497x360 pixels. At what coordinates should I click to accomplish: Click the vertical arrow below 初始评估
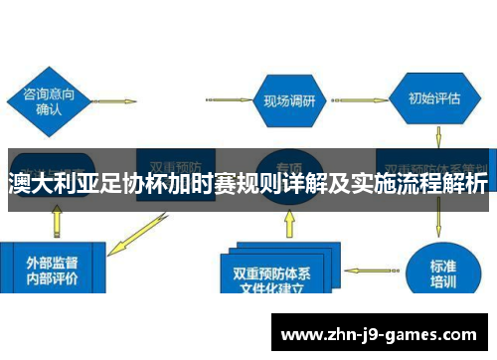[438, 136]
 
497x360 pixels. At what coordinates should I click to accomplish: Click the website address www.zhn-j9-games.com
[384, 335]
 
